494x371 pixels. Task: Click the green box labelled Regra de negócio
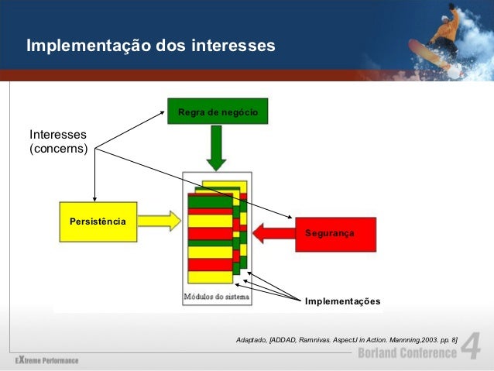(x=217, y=112)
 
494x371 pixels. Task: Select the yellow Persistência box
(x=98, y=222)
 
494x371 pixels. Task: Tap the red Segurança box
(x=335, y=233)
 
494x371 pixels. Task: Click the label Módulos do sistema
(x=216, y=297)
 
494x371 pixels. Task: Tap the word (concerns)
(x=58, y=147)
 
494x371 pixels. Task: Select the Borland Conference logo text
(x=407, y=353)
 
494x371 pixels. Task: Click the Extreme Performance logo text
(x=46, y=361)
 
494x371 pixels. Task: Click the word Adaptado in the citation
(x=251, y=340)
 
